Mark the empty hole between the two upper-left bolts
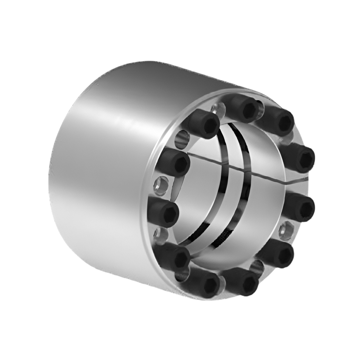pos(182,139)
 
